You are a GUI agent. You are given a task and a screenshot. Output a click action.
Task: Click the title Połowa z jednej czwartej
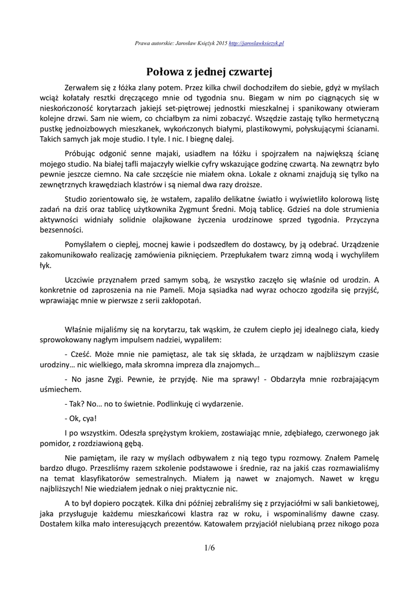(x=209, y=71)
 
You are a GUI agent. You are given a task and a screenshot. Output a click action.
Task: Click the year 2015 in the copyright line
(x=220, y=43)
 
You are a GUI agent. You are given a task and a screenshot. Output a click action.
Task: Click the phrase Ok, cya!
(x=80, y=418)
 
